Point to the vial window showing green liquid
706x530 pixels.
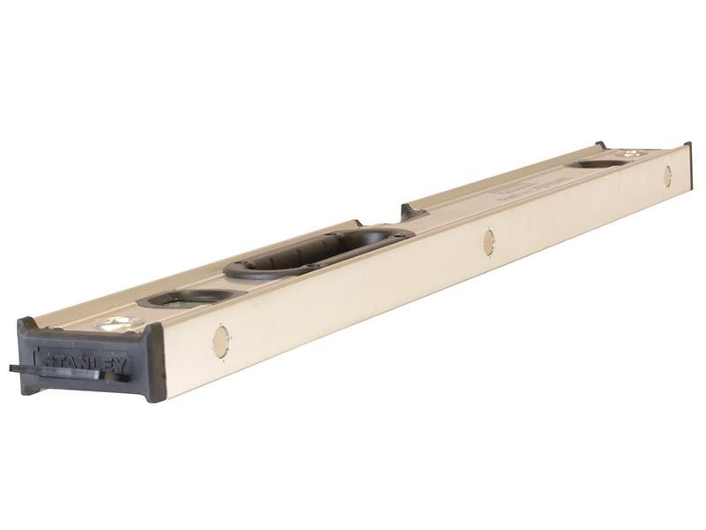(x=185, y=299)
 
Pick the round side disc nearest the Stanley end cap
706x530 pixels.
(x=221, y=341)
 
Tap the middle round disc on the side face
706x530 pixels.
(x=488, y=241)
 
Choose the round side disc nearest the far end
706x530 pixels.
(x=667, y=176)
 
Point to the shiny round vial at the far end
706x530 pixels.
(x=632, y=155)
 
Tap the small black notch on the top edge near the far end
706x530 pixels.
(x=599, y=146)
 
